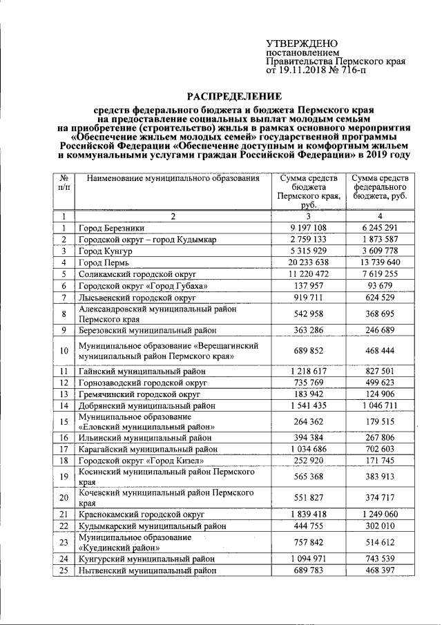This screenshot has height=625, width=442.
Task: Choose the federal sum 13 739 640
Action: tap(381, 262)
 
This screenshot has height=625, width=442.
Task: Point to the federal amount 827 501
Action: tap(381, 371)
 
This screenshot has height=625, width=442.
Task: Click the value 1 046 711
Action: tap(381, 405)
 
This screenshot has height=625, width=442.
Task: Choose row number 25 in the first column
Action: tap(63, 570)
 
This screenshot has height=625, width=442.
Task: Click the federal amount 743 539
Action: tap(381, 559)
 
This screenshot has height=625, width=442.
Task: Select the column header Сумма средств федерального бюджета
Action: tap(381, 187)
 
